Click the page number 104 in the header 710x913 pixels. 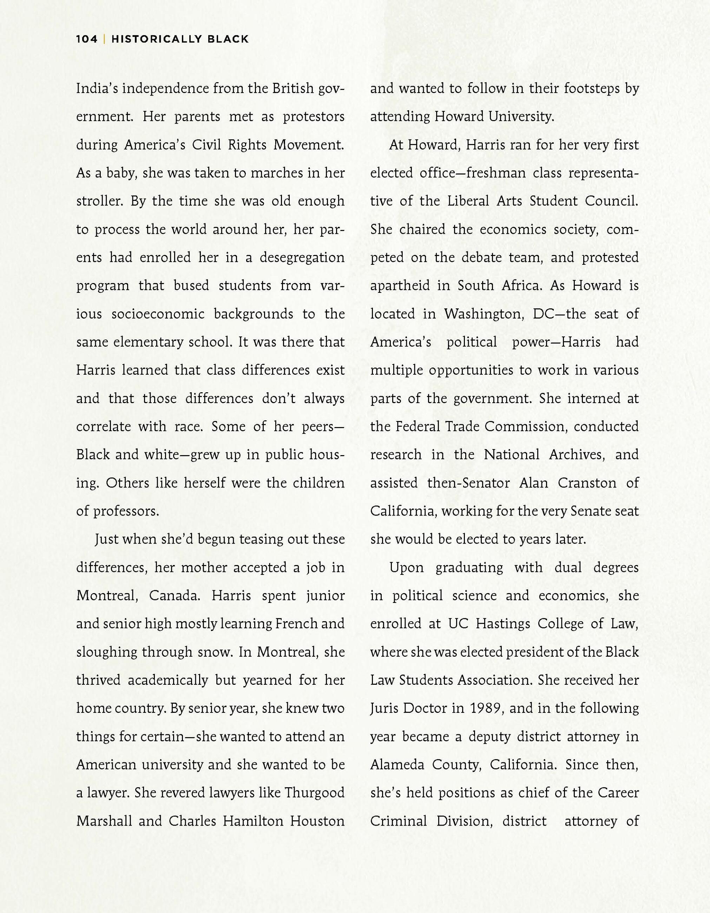coord(86,39)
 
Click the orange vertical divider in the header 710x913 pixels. coord(104,39)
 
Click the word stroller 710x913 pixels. coord(99,201)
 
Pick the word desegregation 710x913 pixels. coord(302,257)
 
